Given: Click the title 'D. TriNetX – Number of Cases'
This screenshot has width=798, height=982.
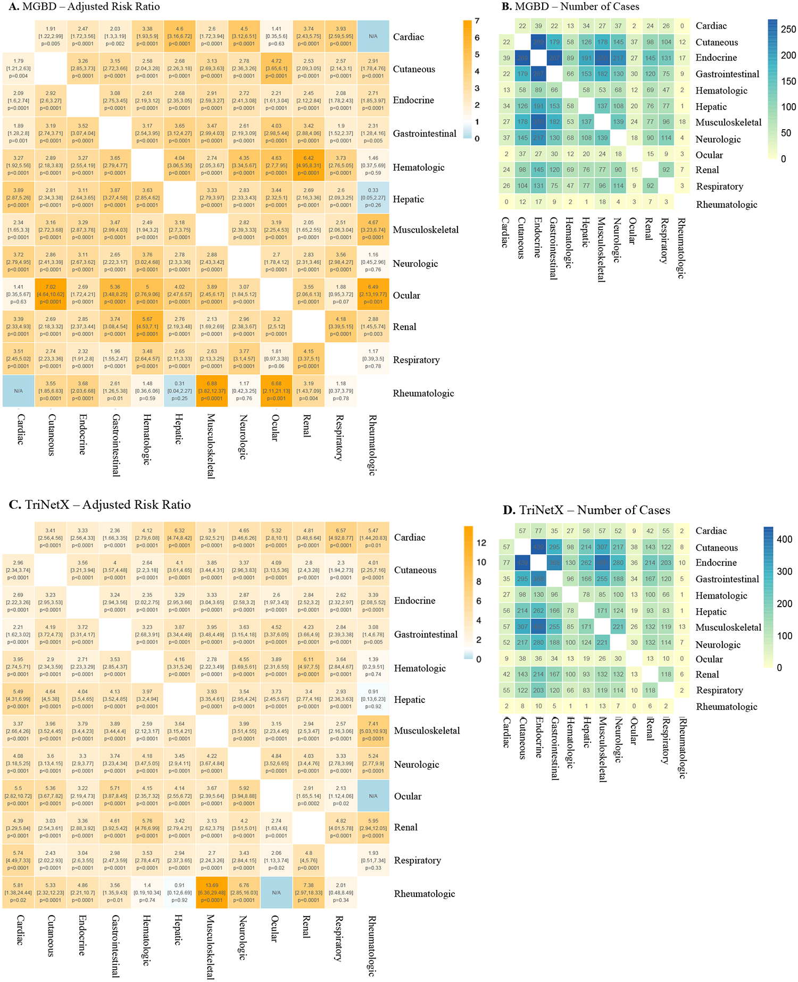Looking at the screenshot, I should click(x=586, y=510).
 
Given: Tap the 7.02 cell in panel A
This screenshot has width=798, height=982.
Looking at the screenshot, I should click(x=51, y=294).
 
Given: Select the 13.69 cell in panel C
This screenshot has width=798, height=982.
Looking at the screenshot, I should click(x=212, y=893).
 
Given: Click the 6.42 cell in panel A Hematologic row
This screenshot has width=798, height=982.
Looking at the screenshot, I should click(x=309, y=165).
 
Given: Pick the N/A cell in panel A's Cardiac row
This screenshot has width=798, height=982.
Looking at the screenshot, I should click(x=373, y=36).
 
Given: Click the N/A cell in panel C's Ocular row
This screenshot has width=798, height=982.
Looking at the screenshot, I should click(x=373, y=796).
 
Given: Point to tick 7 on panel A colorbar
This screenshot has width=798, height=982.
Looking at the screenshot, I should click(x=477, y=21).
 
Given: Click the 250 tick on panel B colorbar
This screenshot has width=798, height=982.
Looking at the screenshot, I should click(x=788, y=29).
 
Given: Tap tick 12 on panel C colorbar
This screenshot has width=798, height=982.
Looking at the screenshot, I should click(x=481, y=543).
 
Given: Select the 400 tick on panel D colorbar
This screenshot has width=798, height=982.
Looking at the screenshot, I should click(x=785, y=539).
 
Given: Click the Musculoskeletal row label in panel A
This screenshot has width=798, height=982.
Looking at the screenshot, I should click(x=426, y=230).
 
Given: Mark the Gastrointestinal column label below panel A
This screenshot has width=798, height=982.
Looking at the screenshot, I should click(x=115, y=445).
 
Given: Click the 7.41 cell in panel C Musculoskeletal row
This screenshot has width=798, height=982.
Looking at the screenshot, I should click(x=373, y=731).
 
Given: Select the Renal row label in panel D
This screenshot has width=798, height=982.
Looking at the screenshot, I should click(x=707, y=675).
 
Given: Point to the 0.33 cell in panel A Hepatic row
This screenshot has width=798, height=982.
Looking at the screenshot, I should click(x=373, y=197).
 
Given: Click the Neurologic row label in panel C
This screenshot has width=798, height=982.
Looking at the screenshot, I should click(x=416, y=765).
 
